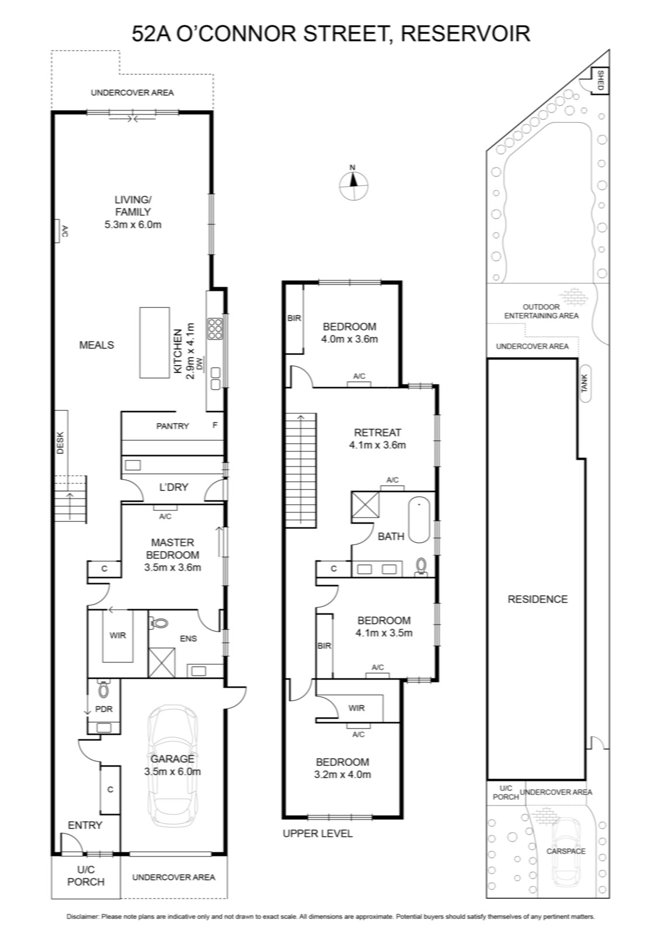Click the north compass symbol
click(x=354, y=185)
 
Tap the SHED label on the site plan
click(x=600, y=81)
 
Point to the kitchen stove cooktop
click(x=215, y=328)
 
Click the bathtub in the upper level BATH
click(x=419, y=520)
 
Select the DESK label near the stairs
click(x=61, y=443)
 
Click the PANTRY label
click(x=173, y=426)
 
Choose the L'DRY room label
click(x=173, y=487)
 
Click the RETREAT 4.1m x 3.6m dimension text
click(x=377, y=445)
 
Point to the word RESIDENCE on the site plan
click(x=538, y=599)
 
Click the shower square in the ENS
click(x=162, y=663)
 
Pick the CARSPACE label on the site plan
click(x=566, y=851)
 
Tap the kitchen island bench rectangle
click(x=154, y=343)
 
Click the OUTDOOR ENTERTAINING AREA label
click(x=541, y=311)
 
